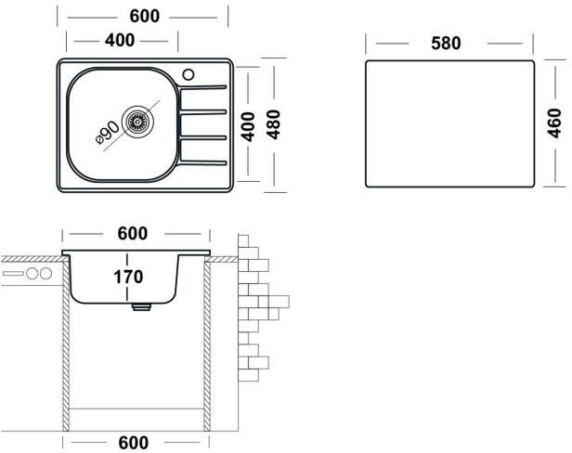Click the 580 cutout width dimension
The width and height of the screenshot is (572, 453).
point(447,44)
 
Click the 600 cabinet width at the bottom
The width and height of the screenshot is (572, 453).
point(134,443)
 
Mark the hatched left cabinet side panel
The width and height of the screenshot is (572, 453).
point(67,353)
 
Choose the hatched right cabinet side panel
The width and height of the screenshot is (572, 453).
point(208,353)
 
